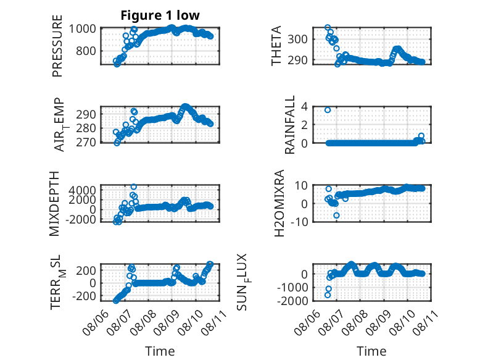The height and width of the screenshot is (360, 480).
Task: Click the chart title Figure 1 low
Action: [160, 15]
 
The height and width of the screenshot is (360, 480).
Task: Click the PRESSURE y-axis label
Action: [57, 46]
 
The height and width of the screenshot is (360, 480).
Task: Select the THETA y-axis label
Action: [276, 46]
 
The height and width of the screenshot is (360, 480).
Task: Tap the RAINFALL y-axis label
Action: [289, 125]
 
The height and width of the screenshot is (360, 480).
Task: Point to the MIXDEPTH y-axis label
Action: [54, 204]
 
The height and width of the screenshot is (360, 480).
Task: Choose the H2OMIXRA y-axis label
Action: [279, 203]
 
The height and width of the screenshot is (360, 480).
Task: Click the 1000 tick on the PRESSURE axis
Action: [82, 29]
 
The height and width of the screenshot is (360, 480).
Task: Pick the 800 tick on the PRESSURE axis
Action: [86, 51]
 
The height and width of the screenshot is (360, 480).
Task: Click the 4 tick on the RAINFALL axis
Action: [304, 107]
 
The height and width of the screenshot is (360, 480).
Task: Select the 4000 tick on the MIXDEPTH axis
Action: [82, 190]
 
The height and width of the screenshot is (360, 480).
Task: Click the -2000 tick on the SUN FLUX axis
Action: [292, 301]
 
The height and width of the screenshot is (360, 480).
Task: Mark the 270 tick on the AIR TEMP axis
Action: [86, 142]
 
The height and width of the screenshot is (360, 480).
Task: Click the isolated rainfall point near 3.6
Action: [328, 110]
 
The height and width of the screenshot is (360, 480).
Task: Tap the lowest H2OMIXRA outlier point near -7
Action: [336, 216]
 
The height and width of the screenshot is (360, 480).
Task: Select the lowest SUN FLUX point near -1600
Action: [328, 295]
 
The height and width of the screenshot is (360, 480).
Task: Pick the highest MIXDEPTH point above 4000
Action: [133, 186]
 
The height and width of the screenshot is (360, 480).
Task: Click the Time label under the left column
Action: [160, 351]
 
